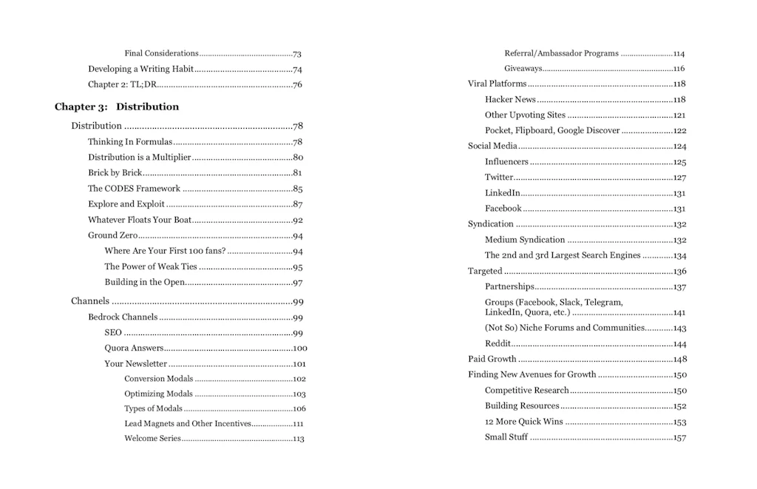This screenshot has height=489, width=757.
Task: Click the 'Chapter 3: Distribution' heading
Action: (117, 107)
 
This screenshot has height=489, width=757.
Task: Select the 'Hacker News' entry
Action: (510, 99)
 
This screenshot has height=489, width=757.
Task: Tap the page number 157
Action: (680, 437)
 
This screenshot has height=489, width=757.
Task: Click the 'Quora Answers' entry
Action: (134, 348)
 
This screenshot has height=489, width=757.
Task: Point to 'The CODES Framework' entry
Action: (134, 189)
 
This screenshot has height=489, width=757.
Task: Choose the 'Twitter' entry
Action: (499, 178)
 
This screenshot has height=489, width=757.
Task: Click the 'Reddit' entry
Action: (498, 344)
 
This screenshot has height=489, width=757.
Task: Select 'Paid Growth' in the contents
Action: (492, 359)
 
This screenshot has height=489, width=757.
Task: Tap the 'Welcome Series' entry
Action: (152, 439)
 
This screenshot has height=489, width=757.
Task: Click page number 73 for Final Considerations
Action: (296, 54)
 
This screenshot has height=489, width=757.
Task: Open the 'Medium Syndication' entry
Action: (525, 240)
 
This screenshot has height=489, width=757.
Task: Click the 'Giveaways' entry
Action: (523, 69)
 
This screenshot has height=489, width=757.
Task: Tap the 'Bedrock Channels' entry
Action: (123, 317)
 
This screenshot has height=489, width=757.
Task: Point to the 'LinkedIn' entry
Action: (502, 193)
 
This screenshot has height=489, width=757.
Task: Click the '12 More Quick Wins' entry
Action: (523, 422)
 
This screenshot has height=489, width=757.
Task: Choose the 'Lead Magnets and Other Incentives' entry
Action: (188, 424)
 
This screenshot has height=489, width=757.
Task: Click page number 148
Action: (680, 360)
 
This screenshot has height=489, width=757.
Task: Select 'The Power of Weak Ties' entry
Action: (151, 267)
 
